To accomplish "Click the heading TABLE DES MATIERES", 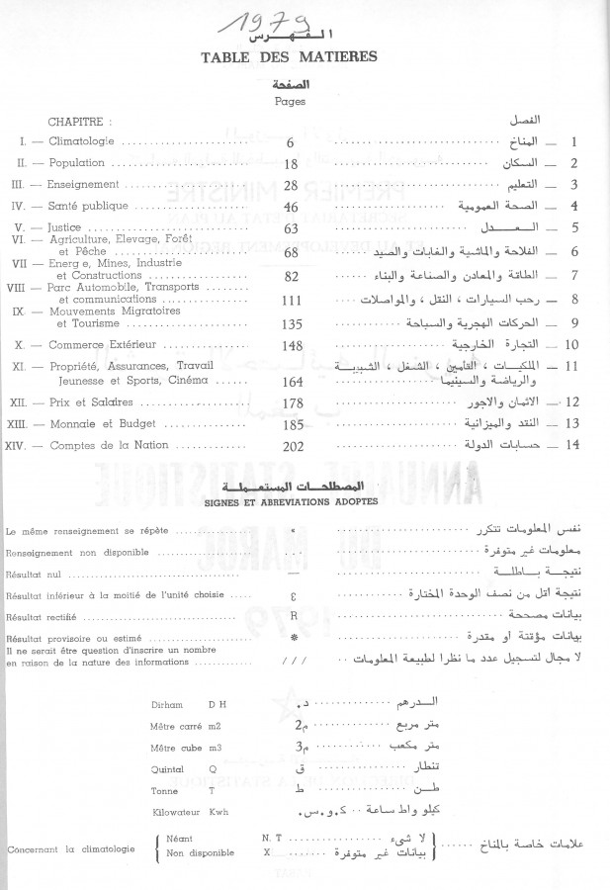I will coord(304,56).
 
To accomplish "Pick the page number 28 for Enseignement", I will coord(292,185).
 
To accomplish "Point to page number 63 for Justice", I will coord(292,228).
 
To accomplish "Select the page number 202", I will coord(292,446).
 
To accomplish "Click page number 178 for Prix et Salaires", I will coord(292,402).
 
